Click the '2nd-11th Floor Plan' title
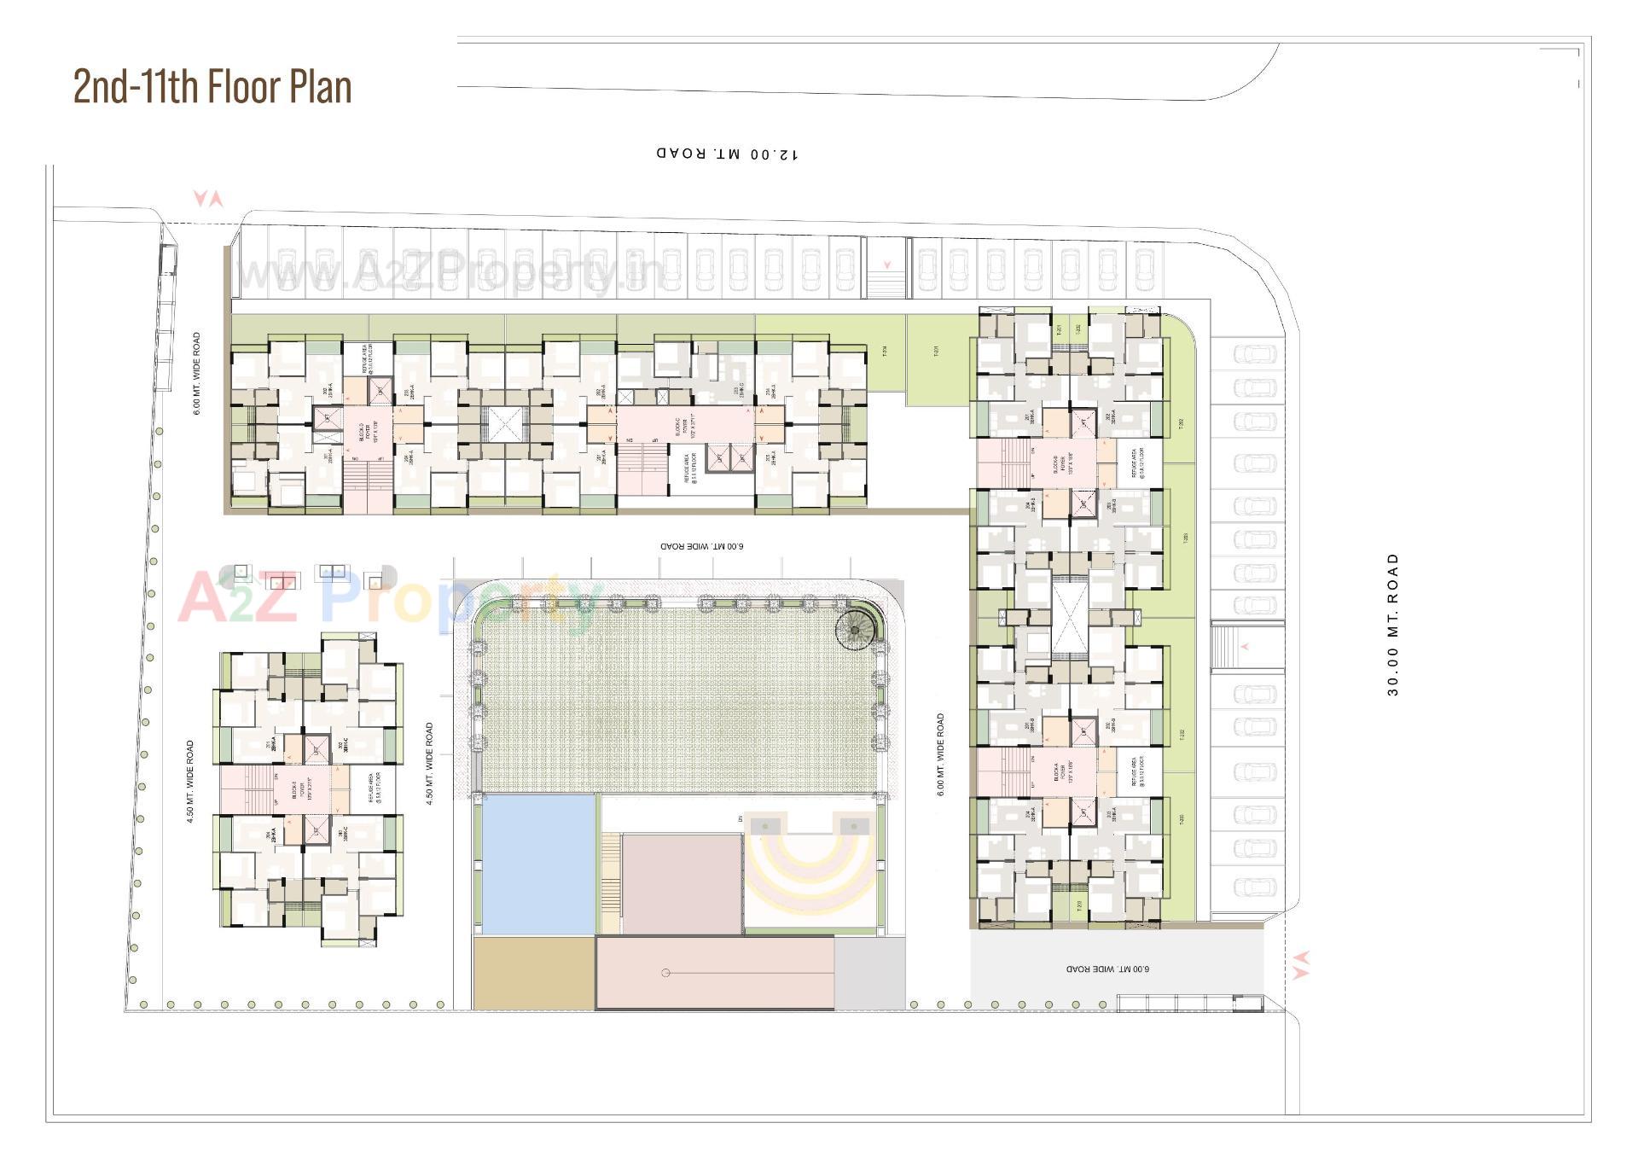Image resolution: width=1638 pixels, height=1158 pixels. pyautogui.click(x=212, y=86)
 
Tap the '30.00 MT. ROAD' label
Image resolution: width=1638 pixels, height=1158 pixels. pyautogui.click(x=1393, y=625)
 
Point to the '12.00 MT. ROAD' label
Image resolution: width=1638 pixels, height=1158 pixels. pyautogui.click(x=728, y=154)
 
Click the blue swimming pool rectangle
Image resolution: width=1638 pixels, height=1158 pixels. pyautogui.click(x=538, y=864)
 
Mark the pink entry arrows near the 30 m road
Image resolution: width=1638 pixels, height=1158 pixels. pyautogui.click(x=1301, y=964)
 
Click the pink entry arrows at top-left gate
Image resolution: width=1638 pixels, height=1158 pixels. pyautogui.click(x=208, y=200)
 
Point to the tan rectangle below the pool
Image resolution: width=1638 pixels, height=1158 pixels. pyautogui.click(x=533, y=973)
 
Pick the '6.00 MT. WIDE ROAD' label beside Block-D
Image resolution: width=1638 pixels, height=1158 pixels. pyautogui.click(x=197, y=374)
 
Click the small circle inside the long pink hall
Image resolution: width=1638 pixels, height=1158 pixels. pyautogui.click(x=666, y=973)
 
